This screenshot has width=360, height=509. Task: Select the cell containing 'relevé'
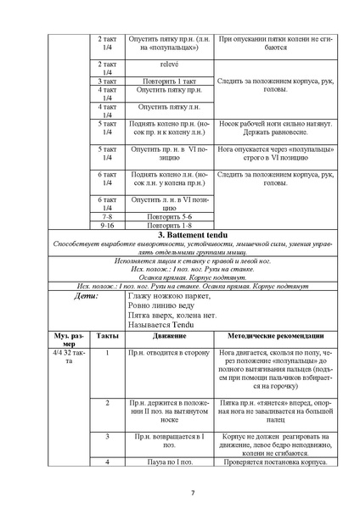(x=167, y=64)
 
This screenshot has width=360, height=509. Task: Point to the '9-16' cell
(x=107, y=225)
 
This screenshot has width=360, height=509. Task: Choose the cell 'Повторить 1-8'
(x=167, y=225)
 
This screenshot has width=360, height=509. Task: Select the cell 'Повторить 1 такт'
(x=167, y=81)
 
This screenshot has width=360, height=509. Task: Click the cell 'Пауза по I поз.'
(x=167, y=461)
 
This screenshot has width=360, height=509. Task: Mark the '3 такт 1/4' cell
(x=107, y=81)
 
